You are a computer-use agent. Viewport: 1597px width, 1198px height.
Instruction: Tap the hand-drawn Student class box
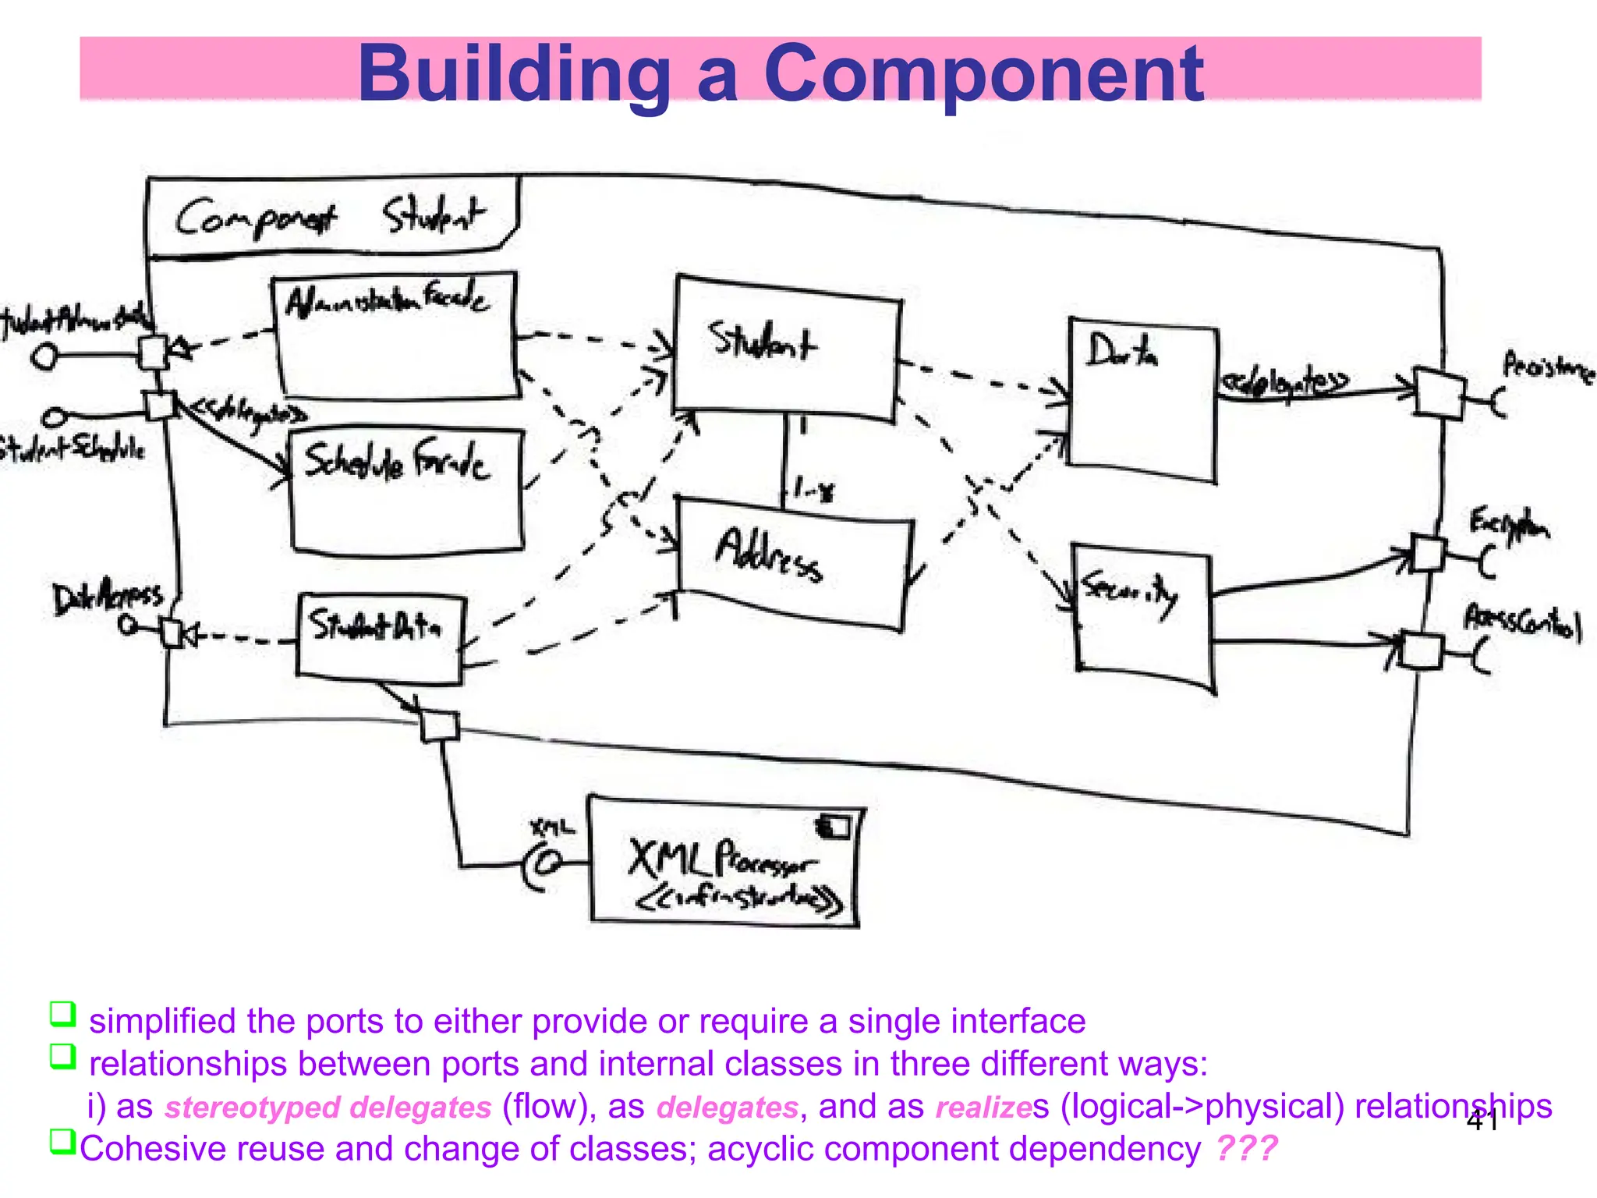[x=786, y=347]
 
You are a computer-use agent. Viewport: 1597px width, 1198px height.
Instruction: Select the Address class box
[x=794, y=562]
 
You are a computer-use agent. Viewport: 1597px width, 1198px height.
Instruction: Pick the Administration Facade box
[x=396, y=335]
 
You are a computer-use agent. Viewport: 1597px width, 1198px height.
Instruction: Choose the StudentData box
[x=381, y=638]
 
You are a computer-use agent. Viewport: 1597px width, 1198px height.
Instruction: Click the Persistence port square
[x=1439, y=393]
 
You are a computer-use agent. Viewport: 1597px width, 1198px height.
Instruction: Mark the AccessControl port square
[x=1422, y=651]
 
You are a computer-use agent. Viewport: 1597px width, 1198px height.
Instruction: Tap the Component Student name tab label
[x=331, y=217]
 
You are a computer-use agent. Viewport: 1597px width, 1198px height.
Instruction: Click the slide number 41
[x=1481, y=1122]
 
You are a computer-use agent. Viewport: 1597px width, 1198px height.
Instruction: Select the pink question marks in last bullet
[x=1246, y=1148]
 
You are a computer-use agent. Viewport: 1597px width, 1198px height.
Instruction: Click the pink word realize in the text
[x=983, y=1108]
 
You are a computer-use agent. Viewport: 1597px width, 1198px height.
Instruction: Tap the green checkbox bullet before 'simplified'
[x=62, y=1014]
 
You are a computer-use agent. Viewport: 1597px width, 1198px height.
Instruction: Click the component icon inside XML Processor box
[x=834, y=826]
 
